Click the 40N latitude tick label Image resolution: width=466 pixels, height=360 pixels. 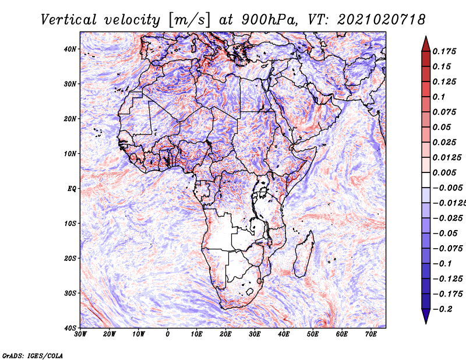click(x=70, y=49)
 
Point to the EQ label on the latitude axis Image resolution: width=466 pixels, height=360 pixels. click(x=72, y=189)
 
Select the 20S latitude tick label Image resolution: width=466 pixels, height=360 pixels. click(x=70, y=258)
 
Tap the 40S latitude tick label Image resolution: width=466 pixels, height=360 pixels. click(x=70, y=328)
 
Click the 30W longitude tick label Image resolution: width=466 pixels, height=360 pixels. click(x=80, y=334)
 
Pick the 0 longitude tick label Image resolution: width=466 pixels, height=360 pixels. click(x=168, y=334)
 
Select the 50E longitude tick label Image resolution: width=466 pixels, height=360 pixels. click(x=313, y=334)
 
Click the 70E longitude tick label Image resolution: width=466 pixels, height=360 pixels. click(x=371, y=334)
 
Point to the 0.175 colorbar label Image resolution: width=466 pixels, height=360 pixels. click(x=444, y=52)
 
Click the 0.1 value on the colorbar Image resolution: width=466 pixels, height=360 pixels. click(x=439, y=97)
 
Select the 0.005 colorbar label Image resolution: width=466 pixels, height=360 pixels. click(x=444, y=172)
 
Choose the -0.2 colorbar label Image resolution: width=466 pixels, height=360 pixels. click(x=443, y=309)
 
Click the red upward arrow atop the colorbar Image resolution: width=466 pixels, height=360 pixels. click(x=426, y=44)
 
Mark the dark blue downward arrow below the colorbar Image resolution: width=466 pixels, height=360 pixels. click(x=426, y=316)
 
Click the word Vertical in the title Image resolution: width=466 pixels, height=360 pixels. click(x=69, y=20)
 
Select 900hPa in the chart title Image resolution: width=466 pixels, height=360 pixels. click(x=269, y=20)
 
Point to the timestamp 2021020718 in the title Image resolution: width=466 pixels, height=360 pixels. click(x=382, y=20)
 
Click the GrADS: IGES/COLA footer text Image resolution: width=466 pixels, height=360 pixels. click(x=33, y=355)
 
